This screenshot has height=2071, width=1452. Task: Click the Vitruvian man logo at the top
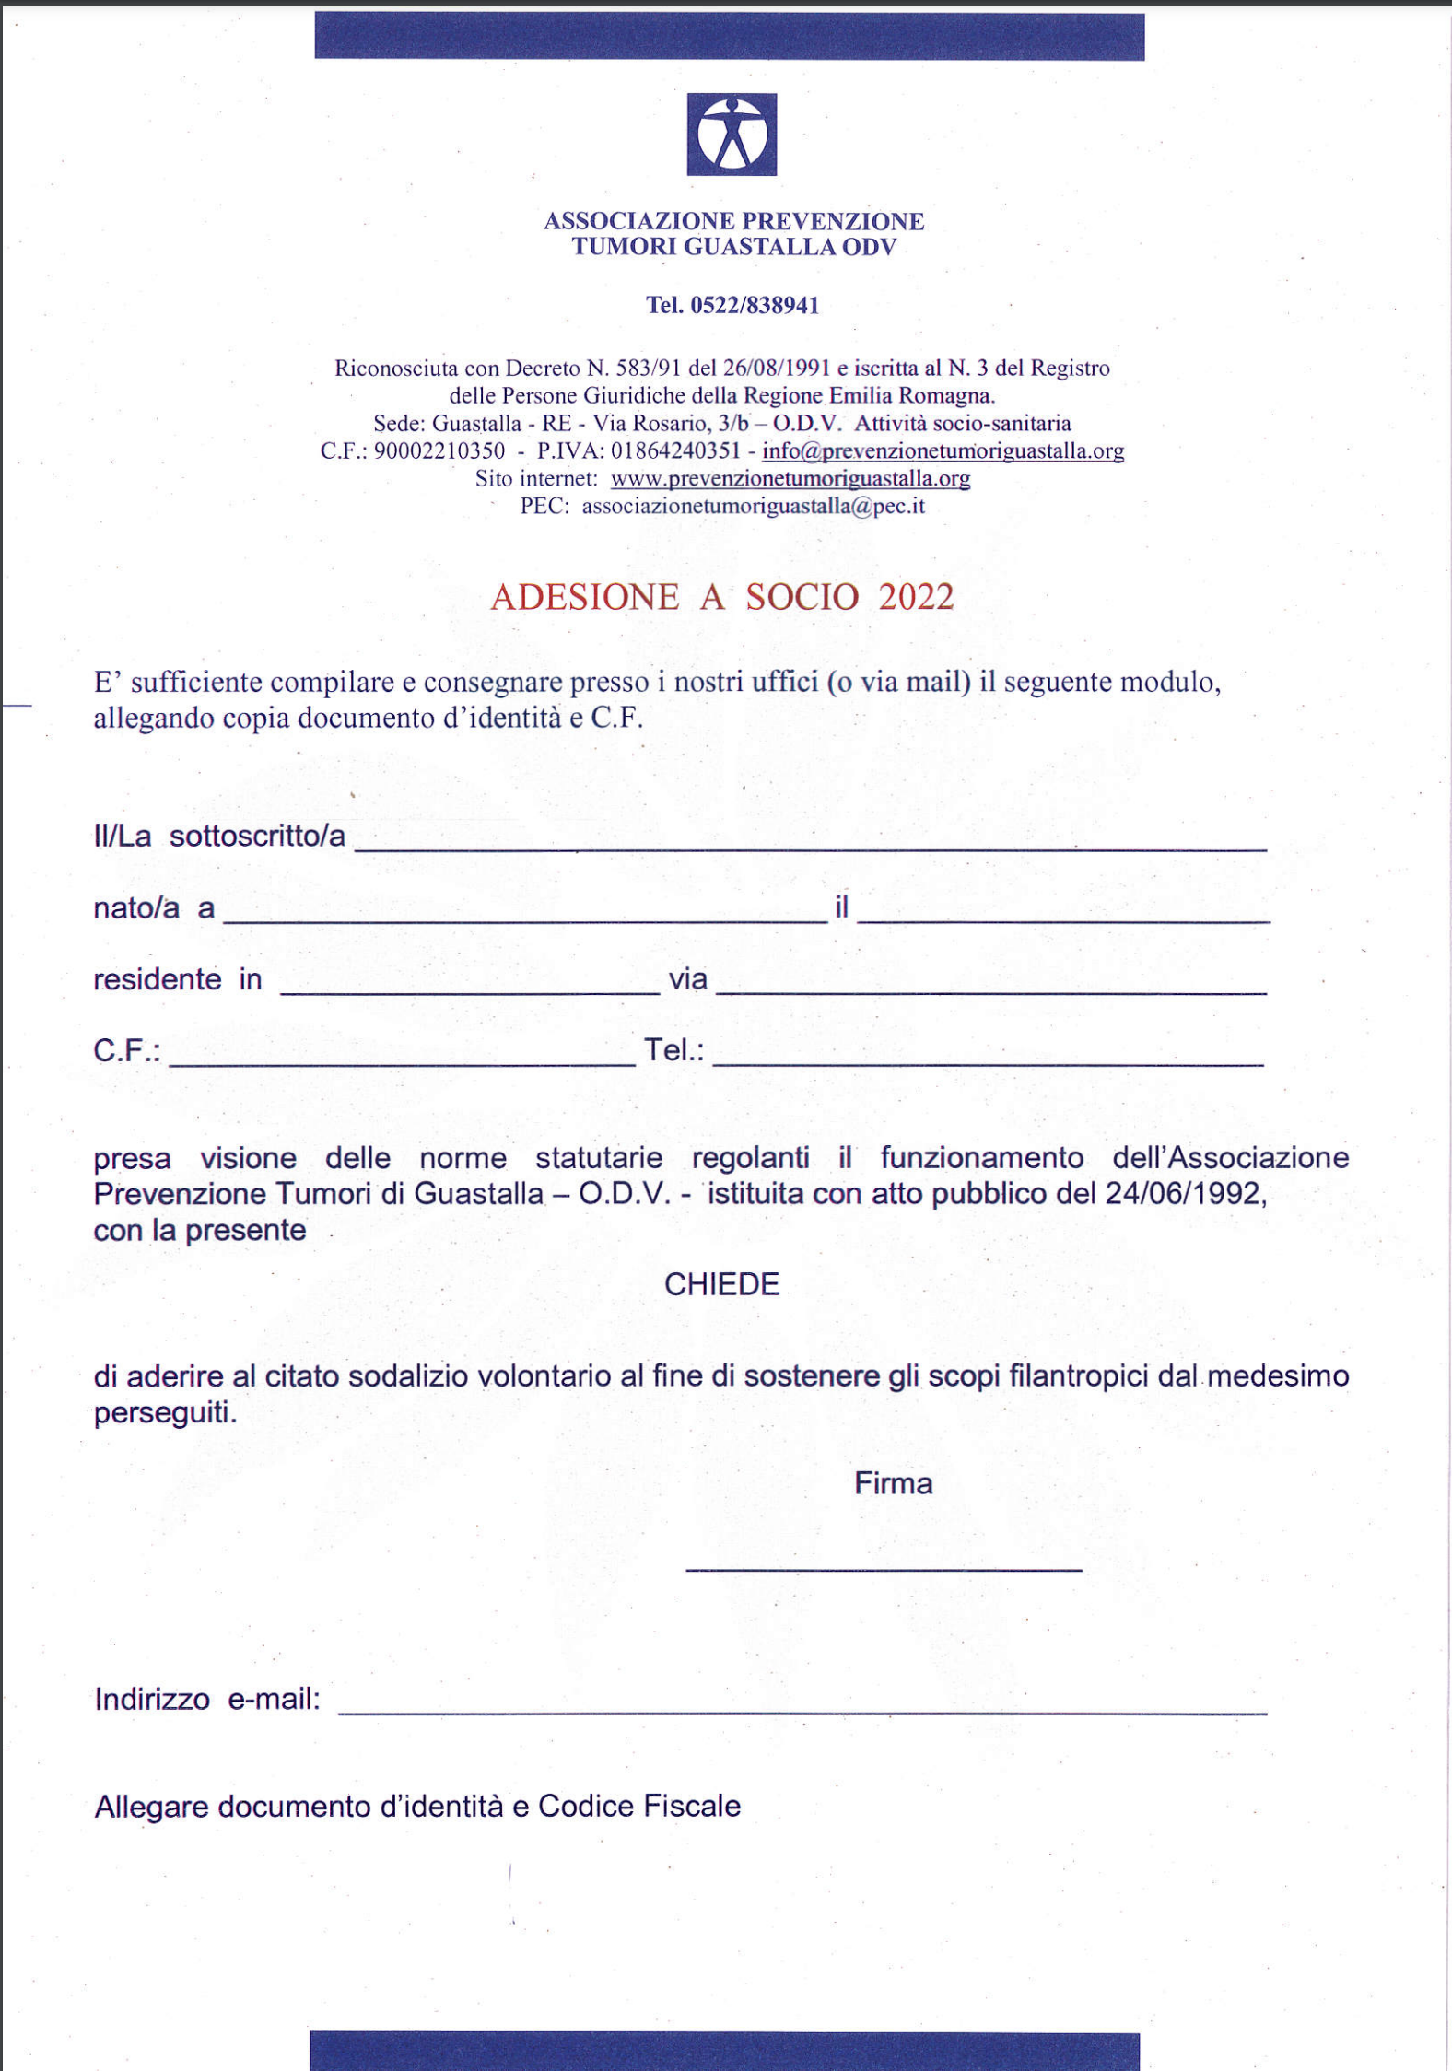(732, 135)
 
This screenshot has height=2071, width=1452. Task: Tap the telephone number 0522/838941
(755, 306)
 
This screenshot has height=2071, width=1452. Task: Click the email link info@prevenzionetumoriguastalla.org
(943, 451)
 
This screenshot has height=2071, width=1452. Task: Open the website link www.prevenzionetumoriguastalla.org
(790, 479)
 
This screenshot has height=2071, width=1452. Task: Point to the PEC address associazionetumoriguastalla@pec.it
(753, 507)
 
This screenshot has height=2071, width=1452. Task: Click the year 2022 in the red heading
(916, 597)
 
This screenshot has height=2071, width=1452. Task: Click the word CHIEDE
(721, 1284)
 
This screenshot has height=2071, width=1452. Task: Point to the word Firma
(893, 1483)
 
